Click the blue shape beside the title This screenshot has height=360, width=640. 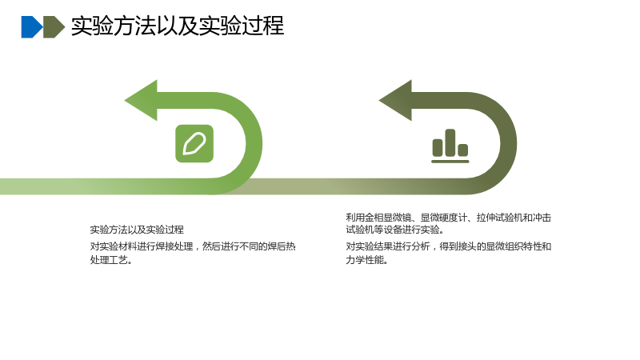click(x=31, y=27)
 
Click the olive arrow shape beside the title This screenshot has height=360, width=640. click(x=54, y=27)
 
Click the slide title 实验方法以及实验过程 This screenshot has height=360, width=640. click(x=178, y=26)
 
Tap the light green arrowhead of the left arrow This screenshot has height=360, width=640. click(x=141, y=101)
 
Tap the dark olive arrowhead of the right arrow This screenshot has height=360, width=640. click(x=395, y=101)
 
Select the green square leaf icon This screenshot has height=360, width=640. click(x=194, y=144)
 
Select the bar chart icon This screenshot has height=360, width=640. click(x=450, y=146)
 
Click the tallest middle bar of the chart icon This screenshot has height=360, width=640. click(x=450, y=142)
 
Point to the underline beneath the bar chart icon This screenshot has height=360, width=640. click(x=450, y=162)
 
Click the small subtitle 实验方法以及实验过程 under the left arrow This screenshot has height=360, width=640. click(x=137, y=230)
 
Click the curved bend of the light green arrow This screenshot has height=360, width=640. click(x=254, y=143)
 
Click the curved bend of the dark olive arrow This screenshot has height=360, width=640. click(x=509, y=143)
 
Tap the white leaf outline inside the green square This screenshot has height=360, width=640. click(x=194, y=144)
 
